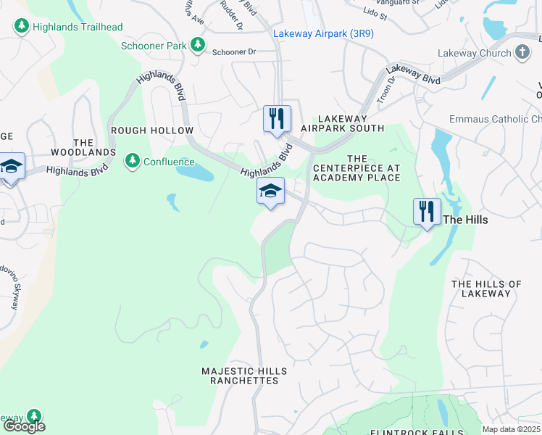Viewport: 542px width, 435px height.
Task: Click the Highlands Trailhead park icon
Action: (x=22, y=27)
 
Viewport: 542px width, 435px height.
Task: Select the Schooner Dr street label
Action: (x=235, y=52)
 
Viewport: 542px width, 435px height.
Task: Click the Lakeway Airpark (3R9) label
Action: (x=323, y=33)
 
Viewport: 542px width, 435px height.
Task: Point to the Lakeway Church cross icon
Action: (x=522, y=52)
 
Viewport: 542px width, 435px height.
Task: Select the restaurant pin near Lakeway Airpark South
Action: (x=277, y=120)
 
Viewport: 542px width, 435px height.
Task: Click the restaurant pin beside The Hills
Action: (x=426, y=212)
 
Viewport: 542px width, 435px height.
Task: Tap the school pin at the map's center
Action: (x=270, y=192)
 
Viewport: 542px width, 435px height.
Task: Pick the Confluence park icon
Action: (x=133, y=161)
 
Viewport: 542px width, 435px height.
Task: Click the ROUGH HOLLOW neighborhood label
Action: (x=151, y=130)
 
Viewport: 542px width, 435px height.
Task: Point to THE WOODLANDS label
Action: (x=83, y=147)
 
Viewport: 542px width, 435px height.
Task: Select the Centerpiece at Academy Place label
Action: (x=357, y=168)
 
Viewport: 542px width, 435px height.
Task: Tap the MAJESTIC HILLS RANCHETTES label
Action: (x=239, y=376)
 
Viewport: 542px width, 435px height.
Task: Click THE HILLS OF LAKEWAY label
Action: (x=486, y=289)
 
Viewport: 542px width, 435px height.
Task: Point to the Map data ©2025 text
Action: (x=511, y=429)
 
